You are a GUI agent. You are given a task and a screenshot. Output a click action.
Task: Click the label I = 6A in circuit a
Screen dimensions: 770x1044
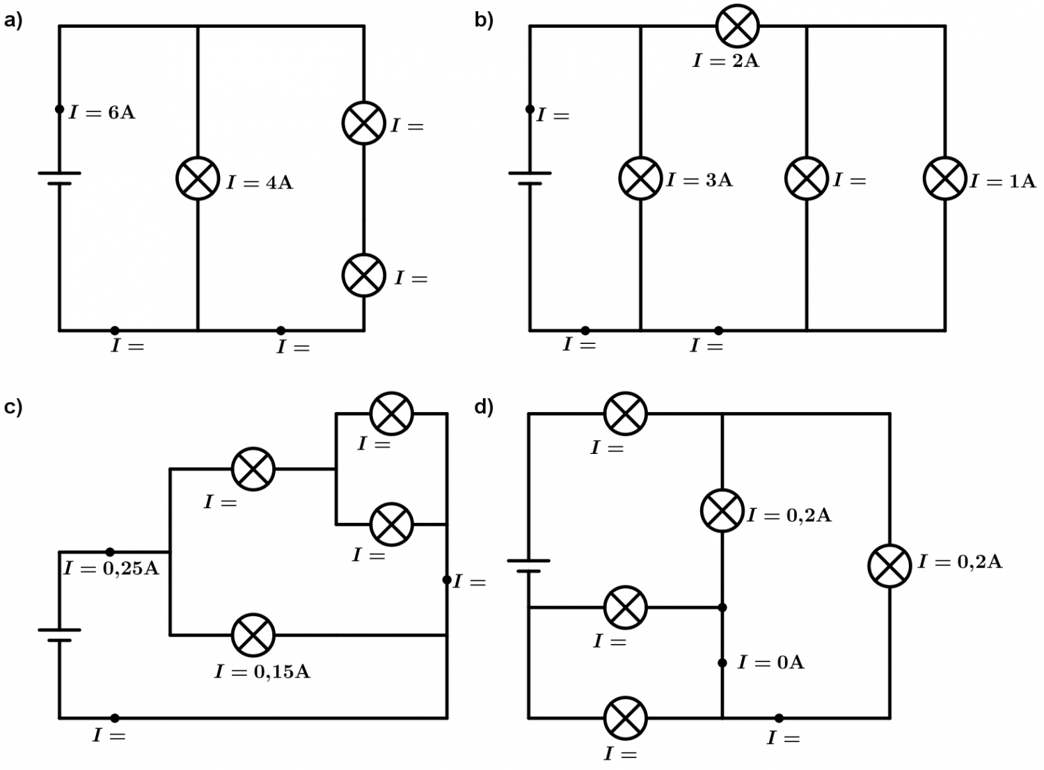pos(102,112)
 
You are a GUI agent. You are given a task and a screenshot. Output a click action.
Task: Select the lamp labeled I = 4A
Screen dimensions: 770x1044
pos(198,178)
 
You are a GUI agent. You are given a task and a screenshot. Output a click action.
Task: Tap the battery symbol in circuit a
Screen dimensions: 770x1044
pos(59,178)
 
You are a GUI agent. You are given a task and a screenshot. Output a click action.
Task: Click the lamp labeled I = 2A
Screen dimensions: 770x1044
pos(737,26)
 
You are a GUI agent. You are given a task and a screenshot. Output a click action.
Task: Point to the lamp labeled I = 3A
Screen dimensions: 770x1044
pos(640,178)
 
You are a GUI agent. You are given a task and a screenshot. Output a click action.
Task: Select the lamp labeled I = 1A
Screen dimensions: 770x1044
pos(944,178)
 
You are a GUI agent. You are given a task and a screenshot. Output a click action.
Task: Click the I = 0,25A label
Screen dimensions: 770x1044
pos(111,569)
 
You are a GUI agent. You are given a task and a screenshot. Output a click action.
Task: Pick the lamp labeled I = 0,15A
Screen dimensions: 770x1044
pos(253,635)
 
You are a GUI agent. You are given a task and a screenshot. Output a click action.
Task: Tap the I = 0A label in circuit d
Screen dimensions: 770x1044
pos(770,662)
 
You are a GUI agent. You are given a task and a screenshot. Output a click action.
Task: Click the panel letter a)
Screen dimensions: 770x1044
pos(13,20)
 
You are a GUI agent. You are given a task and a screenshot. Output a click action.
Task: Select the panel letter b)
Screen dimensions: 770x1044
pos(484,20)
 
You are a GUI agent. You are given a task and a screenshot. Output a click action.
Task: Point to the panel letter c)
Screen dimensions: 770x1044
pos(13,407)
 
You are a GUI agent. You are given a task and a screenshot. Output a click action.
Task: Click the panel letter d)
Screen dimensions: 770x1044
pos(484,407)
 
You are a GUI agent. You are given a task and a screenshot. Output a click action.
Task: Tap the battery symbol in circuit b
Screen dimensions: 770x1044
pos(530,178)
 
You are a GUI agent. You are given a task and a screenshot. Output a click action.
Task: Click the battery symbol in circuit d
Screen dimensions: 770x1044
pos(528,565)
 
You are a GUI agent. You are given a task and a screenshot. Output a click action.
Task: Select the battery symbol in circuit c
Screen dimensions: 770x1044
pos(59,635)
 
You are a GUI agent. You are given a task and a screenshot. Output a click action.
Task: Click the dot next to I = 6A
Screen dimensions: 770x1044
pos(59,109)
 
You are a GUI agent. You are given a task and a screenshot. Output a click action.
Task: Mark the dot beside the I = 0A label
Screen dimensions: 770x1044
pos(722,663)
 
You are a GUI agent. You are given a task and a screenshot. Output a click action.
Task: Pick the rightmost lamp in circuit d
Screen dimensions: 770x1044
pos(889,565)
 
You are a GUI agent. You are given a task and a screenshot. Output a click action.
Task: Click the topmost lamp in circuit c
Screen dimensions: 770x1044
pos(391,414)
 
